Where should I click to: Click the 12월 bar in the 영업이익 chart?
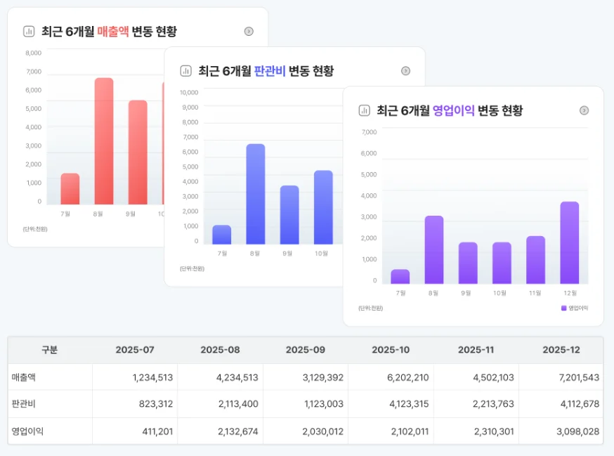point(570,242)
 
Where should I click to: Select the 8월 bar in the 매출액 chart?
point(104,141)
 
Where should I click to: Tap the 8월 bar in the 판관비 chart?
point(256,194)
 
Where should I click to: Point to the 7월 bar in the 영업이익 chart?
point(400,276)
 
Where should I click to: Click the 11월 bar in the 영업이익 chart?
point(536,259)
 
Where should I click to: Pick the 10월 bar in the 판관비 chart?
point(323,207)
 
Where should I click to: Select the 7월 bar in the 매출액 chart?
point(70,188)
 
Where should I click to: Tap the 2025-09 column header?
point(306,350)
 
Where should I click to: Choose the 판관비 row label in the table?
point(24,404)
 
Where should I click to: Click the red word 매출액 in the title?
point(113,32)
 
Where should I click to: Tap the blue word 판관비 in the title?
point(270,71)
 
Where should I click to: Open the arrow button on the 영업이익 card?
point(584,110)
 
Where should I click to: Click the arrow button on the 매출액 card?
point(249,32)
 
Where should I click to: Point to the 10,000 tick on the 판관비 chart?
point(189,92)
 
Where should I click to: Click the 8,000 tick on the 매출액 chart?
point(34,53)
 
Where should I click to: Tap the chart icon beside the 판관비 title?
point(186,71)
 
